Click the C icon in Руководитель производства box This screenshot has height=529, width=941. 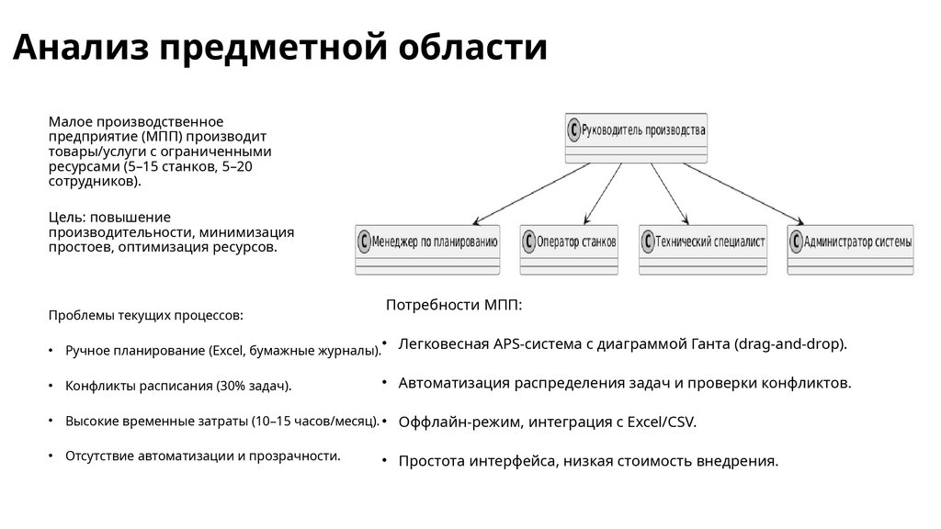pos(574,130)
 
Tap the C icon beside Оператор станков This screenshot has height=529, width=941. pos(528,243)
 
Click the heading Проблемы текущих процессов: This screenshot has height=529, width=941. pos(146,316)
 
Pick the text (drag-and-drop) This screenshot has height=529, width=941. pos(790,343)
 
